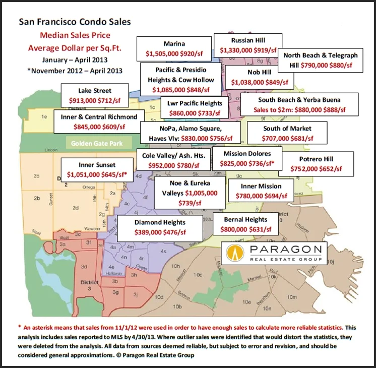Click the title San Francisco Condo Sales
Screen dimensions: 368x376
(74, 22)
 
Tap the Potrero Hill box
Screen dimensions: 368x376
(313, 163)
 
